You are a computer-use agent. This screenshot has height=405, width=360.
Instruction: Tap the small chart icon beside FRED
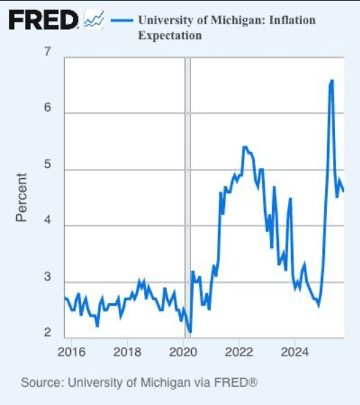click(x=93, y=20)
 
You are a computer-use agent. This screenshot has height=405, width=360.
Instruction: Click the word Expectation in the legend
click(x=170, y=35)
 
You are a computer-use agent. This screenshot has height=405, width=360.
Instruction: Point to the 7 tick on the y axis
click(x=49, y=53)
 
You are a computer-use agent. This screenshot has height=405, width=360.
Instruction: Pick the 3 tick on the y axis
click(x=49, y=283)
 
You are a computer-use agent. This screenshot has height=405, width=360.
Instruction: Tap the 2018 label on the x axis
click(x=127, y=352)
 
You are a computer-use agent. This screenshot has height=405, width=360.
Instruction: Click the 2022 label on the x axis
click(x=239, y=352)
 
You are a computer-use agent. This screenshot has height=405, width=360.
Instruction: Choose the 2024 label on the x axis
click(x=295, y=352)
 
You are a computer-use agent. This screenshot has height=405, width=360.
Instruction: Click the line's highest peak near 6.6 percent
click(x=332, y=80)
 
